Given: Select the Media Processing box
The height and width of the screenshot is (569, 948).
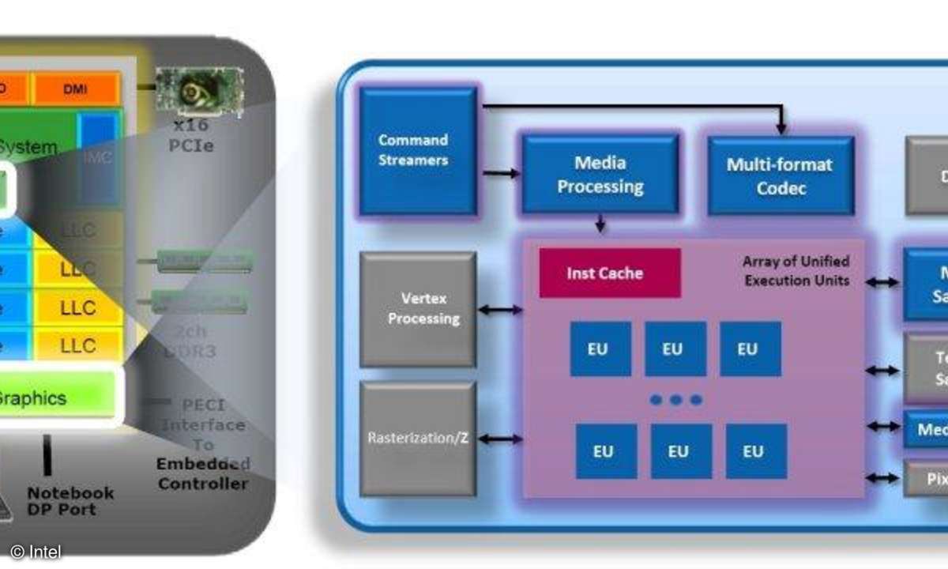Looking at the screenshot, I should coord(600,174).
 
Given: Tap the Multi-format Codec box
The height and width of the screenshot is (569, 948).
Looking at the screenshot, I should coord(780,175).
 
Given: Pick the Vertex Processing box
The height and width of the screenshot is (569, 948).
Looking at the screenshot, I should coord(418,309).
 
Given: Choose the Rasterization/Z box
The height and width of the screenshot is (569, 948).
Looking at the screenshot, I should coord(418,438).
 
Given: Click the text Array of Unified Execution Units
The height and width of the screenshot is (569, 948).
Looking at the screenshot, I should coord(796,270).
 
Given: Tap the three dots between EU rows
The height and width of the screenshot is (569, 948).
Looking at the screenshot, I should coord(675,400).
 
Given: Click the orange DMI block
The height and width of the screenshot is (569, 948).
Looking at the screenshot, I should coord(76,89).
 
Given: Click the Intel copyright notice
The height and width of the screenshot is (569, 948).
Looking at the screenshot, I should coord(36,552).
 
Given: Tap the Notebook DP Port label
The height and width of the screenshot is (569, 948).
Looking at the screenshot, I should coord(71,500).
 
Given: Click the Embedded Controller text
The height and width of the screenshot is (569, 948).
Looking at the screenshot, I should coord(202,473).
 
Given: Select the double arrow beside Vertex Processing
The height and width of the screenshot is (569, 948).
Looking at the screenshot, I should coord(499,310).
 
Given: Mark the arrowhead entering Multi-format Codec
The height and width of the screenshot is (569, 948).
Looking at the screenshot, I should coord(781,127).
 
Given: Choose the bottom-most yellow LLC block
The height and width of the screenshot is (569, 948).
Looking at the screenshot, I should coord(78,345).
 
